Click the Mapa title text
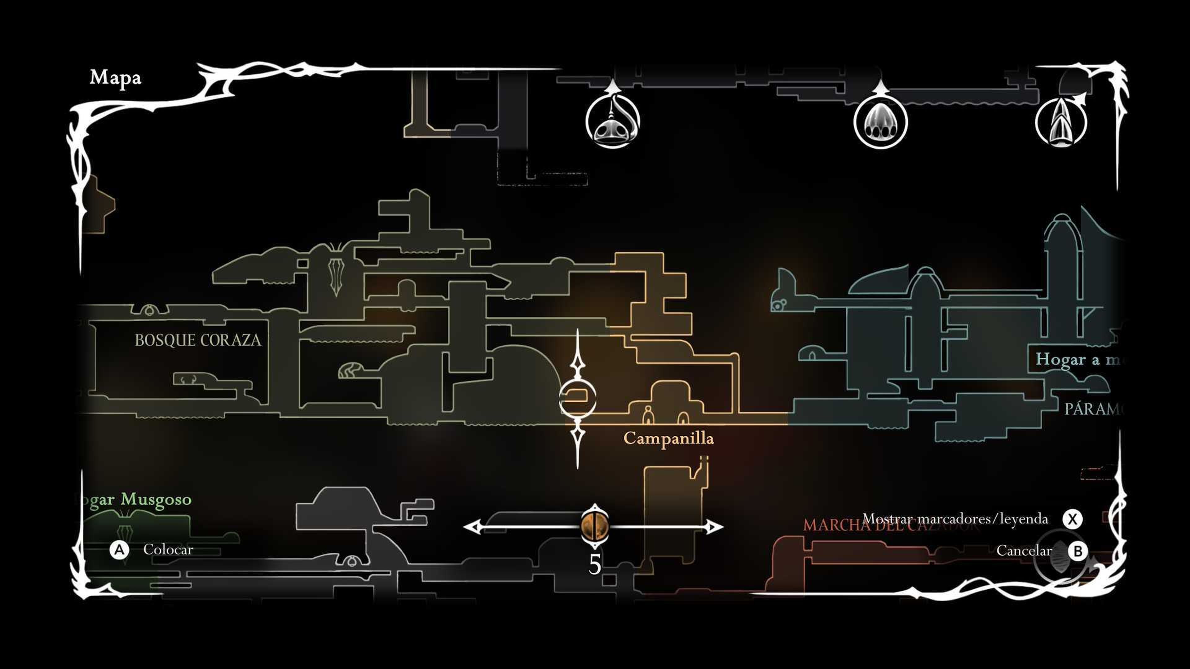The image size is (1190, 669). coord(115,77)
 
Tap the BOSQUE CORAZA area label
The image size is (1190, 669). coord(198,340)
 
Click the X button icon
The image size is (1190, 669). coord(1072,519)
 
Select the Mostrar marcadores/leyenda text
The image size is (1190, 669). coord(955,519)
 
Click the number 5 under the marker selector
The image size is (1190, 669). coord(595,564)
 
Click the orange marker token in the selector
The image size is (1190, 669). coord(595,526)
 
